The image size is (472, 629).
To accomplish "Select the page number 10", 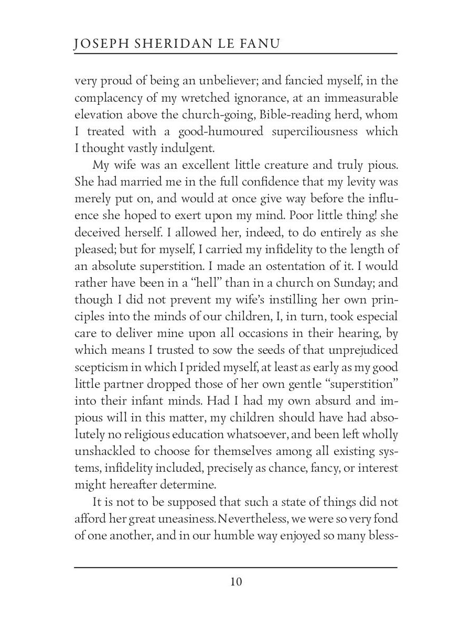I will tap(235, 582).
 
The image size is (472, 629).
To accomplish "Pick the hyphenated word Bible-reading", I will tap(287, 114).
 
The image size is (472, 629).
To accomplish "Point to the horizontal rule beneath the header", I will tap(235, 53).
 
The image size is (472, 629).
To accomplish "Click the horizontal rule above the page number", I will tap(235, 567).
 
